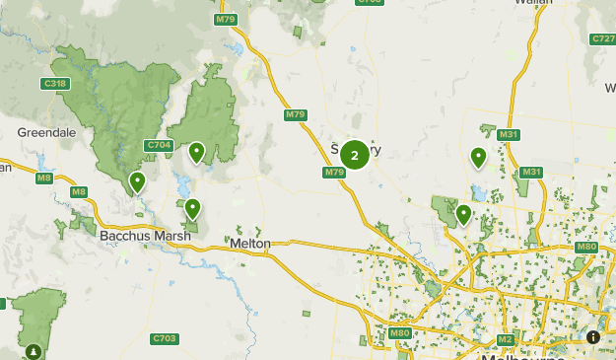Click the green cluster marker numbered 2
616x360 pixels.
coord(355,155)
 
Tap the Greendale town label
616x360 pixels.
coord(39,131)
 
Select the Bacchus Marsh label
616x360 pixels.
coord(138,238)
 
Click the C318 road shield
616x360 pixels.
coord(55,84)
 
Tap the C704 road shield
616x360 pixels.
coord(159,145)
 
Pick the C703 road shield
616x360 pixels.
coord(165,338)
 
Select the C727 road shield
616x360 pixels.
coord(603,38)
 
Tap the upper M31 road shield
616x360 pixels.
coord(510,134)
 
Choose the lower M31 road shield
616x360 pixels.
coord(531,173)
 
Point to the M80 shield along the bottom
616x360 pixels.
coord(399,333)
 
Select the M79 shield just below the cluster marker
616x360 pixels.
coord(333,173)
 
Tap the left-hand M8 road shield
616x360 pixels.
coord(44,178)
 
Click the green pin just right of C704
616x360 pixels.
coord(197,152)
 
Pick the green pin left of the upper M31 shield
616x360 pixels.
coord(478,156)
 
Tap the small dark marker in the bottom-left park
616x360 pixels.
coord(34,350)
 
